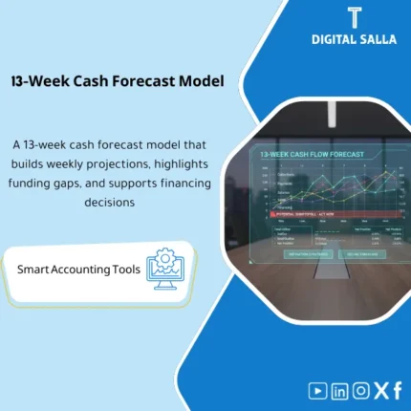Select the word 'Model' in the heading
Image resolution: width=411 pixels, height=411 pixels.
click(201, 81)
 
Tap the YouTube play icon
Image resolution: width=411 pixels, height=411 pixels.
click(317, 389)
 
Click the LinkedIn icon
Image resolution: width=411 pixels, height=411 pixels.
click(339, 389)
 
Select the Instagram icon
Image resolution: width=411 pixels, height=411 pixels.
click(360, 389)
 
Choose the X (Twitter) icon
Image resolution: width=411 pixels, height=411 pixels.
click(380, 389)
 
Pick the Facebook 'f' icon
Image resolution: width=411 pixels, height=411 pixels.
click(397, 389)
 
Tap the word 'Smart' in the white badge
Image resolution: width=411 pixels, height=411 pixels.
click(35, 270)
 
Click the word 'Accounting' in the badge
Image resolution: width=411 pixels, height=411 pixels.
click(83, 270)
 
